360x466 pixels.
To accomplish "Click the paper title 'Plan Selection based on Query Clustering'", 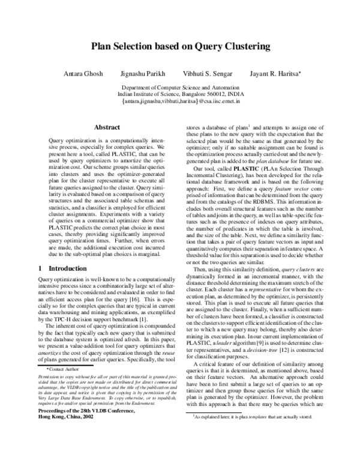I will (x=180, y=46).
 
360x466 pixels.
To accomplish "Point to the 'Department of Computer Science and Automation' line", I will (x=180, y=88).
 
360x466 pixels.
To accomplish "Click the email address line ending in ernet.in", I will (x=180, y=101).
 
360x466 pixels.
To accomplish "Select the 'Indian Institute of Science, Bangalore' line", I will (x=180, y=94).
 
